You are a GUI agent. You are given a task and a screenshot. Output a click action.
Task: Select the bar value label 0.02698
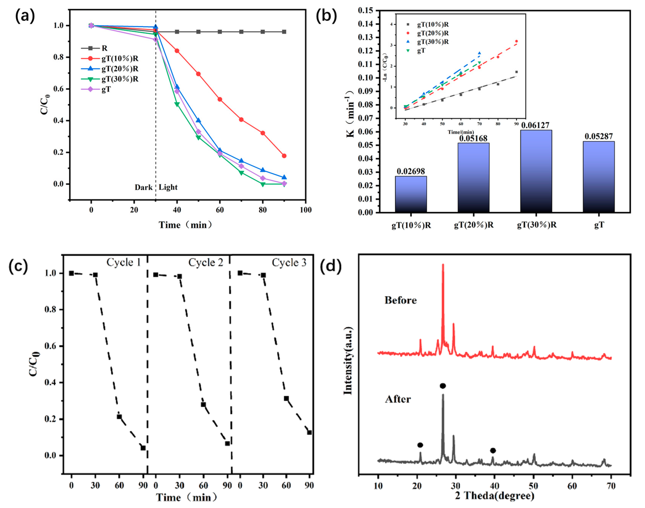coord(411,171)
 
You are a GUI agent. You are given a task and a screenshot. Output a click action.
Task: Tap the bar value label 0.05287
coord(598,136)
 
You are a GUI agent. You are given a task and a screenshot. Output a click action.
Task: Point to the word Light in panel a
coord(168,187)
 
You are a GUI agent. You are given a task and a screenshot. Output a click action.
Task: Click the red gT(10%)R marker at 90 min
coord(284,156)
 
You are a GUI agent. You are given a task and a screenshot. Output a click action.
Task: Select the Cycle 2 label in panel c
coord(205,263)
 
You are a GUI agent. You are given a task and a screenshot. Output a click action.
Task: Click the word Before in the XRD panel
coord(400,300)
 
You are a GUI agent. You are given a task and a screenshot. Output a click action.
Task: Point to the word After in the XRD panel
coord(398,399)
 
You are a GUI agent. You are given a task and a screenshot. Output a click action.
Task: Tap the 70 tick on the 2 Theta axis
coord(611,486)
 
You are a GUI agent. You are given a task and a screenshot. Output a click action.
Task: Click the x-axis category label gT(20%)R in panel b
coord(474,225)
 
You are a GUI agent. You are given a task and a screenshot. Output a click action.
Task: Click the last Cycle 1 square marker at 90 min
coord(143,448)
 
